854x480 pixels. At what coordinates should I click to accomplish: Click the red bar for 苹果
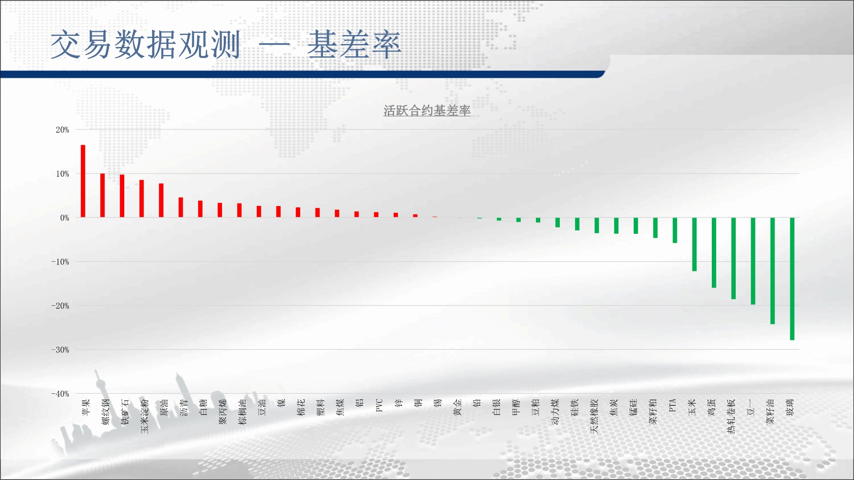(x=83, y=181)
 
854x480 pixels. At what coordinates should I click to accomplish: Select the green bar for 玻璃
(x=792, y=279)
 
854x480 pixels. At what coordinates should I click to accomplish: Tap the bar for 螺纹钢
(x=102, y=195)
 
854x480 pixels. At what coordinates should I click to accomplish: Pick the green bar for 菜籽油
(x=772, y=271)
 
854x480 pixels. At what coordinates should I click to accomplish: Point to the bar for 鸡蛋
(x=714, y=253)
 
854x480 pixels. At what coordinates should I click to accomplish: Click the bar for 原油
(x=161, y=201)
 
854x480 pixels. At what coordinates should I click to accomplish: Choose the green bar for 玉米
(x=694, y=244)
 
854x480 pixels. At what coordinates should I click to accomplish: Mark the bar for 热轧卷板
(x=734, y=259)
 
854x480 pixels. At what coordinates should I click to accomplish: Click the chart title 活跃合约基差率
(x=427, y=111)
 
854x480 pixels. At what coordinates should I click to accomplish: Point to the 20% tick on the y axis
(x=62, y=130)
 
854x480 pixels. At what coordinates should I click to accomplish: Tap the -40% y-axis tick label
(x=60, y=394)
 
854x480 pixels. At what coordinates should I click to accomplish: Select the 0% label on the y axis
(x=64, y=218)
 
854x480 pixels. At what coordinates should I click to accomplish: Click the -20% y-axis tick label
(x=60, y=306)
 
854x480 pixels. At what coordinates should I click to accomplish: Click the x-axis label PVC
(x=379, y=405)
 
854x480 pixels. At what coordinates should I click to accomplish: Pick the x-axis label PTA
(x=673, y=405)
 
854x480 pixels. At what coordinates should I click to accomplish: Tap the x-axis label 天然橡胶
(x=594, y=416)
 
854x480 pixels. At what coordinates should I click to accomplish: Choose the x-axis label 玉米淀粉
(x=145, y=416)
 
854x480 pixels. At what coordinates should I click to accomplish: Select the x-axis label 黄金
(x=457, y=407)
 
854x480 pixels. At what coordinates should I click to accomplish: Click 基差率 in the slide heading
(x=354, y=44)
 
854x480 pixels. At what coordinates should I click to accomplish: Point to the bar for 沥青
(x=181, y=207)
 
